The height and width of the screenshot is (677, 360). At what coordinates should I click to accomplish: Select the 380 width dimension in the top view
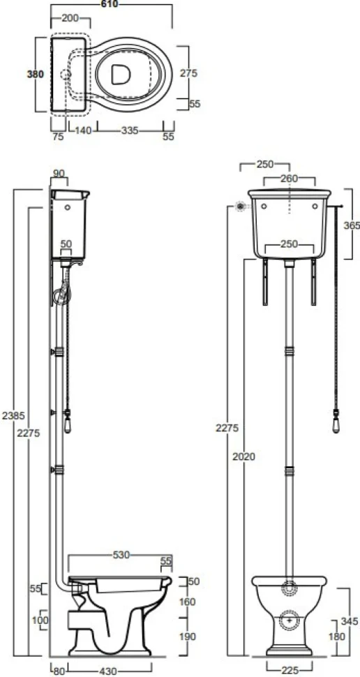tap(36, 74)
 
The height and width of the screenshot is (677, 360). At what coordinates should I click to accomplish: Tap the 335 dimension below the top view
tap(130, 131)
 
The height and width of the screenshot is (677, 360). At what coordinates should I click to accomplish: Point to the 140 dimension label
tap(83, 131)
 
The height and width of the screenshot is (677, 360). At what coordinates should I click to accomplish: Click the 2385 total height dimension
tap(10, 416)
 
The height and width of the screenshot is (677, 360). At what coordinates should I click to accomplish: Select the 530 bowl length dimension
tap(121, 556)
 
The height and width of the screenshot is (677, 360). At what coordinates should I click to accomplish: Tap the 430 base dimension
tap(107, 671)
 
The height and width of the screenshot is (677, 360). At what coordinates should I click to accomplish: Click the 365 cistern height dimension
tap(352, 225)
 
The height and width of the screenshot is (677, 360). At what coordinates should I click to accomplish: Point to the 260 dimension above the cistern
tap(289, 178)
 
